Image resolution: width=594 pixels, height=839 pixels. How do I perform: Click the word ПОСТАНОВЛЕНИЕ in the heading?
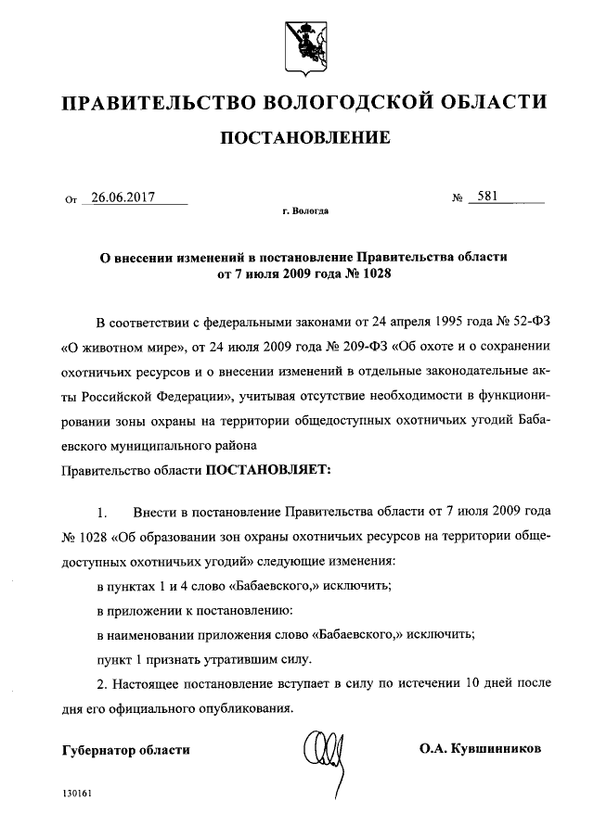(x=303, y=138)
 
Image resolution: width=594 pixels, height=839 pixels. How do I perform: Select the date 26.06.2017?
(x=123, y=197)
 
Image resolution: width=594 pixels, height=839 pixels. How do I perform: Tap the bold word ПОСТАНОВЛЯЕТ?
(x=267, y=469)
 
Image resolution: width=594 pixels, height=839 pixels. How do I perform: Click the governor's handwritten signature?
(x=325, y=749)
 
